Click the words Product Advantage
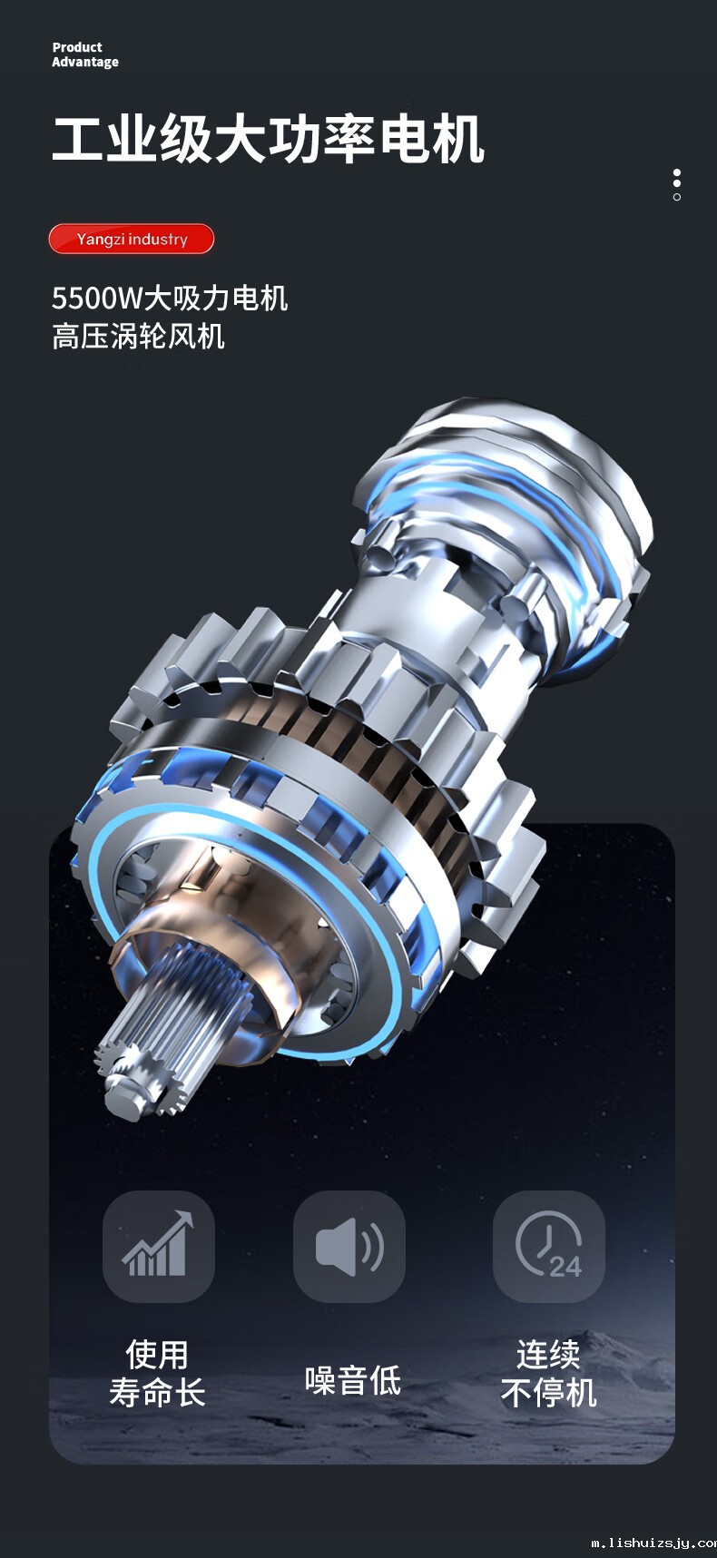tap(85, 54)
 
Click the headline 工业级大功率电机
tap(269, 140)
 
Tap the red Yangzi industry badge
tap(132, 239)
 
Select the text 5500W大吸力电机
tap(170, 298)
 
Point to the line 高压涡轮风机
tap(138, 337)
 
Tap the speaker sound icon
tap(349, 1246)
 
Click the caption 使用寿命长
tap(158, 1374)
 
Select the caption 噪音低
tap(353, 1380)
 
